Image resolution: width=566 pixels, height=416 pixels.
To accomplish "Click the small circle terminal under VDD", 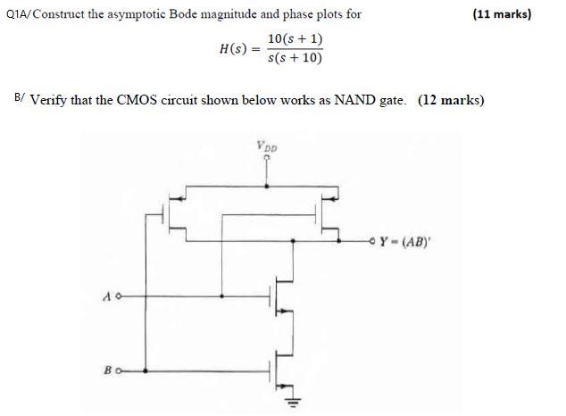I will (x=265, y=155).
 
